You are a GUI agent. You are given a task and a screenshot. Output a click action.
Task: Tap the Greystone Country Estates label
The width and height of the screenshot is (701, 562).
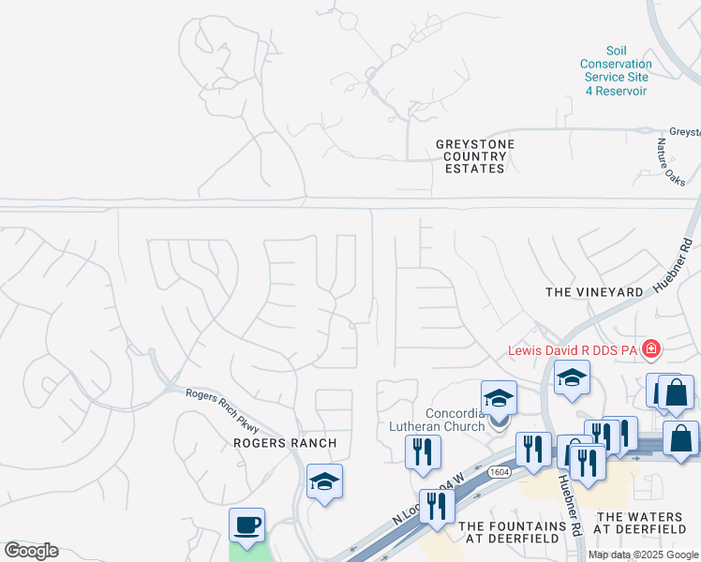(x=475, y=156)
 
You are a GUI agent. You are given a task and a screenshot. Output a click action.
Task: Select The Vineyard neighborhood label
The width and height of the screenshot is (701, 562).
(x=594, y=292)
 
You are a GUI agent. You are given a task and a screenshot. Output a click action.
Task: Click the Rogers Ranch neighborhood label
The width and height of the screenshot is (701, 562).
(x=284, y=442)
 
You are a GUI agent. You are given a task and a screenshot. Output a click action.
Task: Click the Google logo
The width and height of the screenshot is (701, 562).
(x=31, y=551)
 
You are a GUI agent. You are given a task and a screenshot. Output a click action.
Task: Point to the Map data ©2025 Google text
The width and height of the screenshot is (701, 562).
(x=641, y=555)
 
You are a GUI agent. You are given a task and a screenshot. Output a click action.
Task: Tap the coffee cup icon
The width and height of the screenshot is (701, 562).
(x=247, y=525)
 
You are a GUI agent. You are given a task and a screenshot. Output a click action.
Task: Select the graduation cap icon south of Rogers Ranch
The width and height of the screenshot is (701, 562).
(x=324, y=481)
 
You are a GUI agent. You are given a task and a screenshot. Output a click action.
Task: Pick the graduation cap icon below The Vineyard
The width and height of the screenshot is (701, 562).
(x=572, y=377)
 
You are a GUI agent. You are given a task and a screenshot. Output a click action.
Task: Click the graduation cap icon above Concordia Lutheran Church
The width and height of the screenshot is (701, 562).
(x=500, y=399)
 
